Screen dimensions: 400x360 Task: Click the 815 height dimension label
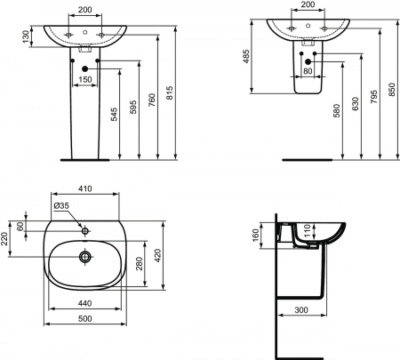169,92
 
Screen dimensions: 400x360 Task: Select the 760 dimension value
152,100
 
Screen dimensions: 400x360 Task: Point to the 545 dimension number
114,115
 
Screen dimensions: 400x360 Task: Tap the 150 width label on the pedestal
85,79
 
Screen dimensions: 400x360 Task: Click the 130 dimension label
26,36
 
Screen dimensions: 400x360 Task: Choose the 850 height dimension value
392,90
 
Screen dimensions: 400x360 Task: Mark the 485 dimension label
246,56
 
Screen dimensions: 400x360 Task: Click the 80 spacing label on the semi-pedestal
308,71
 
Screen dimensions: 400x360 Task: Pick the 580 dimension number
337,111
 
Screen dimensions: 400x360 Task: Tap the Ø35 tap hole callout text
61,205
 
